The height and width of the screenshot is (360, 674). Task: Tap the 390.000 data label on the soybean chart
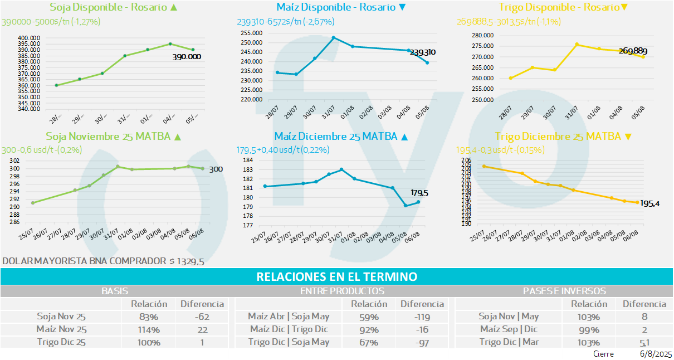point(186,57)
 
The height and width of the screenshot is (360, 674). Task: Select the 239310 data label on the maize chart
point(422,52)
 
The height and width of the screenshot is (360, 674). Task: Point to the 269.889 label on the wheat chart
point(633,51)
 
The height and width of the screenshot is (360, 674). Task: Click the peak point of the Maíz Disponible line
point(333,38)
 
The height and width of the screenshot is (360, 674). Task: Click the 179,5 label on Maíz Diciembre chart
point(419,193)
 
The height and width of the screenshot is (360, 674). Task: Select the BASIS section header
point(115,291)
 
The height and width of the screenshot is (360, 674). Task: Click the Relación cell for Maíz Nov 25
point(149,329)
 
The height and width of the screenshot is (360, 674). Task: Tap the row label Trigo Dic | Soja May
point(289,342)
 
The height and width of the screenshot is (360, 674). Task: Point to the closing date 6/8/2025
point(656,354)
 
